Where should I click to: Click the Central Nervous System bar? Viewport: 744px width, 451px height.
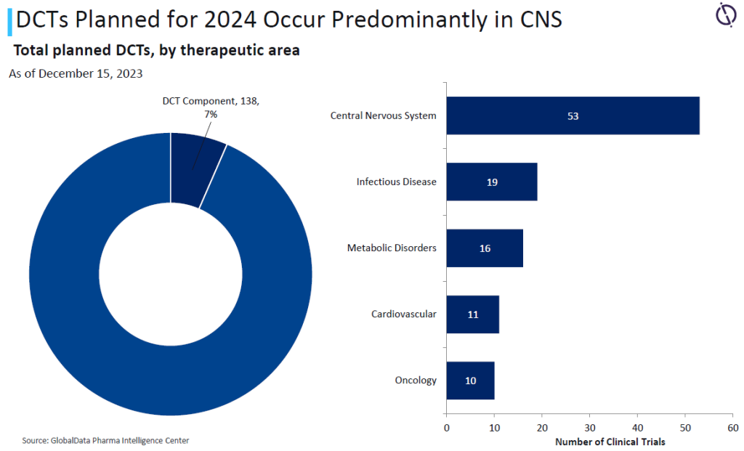pos(573,115)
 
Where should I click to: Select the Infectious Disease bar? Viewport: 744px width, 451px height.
pos(491,182)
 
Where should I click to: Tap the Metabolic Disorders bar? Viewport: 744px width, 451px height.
pos(485,248)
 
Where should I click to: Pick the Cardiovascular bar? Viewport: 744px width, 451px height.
pos(472,314)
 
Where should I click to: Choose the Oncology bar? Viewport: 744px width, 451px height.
pos(470,380)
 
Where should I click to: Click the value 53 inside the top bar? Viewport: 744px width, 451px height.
pos(573,115)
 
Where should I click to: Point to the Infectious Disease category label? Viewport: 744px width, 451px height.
pos(396,182)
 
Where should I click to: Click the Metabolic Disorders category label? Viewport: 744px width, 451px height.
pos(392,248)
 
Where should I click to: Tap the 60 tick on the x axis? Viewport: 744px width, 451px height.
pos(732,427)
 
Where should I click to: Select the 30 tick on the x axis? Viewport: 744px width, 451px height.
pos(589,427)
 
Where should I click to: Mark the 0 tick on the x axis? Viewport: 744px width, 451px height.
pos(446,427)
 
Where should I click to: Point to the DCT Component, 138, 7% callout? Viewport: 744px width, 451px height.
pos(210,107)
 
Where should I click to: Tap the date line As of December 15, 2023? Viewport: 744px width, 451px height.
pos(76,73)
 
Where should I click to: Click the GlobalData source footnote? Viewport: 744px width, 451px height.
pos(105,440)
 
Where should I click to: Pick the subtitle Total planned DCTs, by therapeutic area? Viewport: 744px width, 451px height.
pos(157,51)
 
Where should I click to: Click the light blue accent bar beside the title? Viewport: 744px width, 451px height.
pos(9,20)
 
